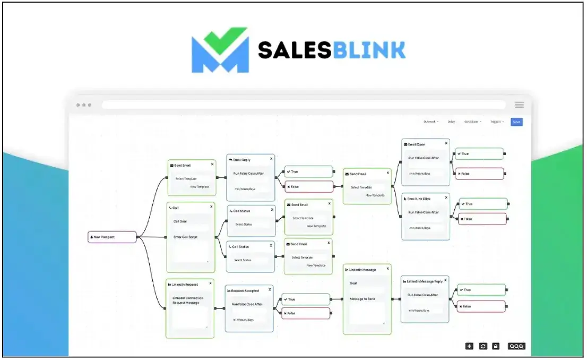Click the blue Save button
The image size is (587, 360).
[x=516, y=122]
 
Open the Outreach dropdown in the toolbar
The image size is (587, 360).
[x=430, y=122]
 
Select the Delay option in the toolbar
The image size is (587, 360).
[x=451, y=122]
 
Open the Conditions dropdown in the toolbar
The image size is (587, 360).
[x=472, y=122]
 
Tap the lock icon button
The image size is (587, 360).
[x=496, y=346]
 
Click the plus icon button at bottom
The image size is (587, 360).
[x=469, y=346]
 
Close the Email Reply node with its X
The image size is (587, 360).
[x=271, y=159]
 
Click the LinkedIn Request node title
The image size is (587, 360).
[x=185, y=285]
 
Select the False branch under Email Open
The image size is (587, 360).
[x=479, y=174]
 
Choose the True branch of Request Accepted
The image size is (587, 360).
[x=306, y=299]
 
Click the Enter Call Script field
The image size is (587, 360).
[x=186, y=237]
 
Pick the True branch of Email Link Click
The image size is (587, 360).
[x=483, y=204]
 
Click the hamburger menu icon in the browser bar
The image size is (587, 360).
[x=519, y=105]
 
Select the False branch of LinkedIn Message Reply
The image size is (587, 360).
[x=481, y=306]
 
